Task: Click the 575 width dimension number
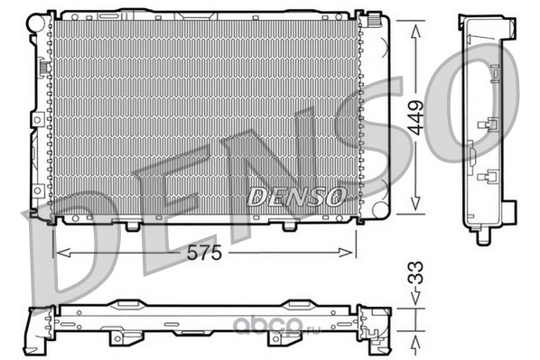click(x=204, y=254)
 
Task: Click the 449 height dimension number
click(x=415, y=117)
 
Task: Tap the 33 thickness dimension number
click(x=415, y=272)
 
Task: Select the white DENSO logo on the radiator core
click(x=296, y=197)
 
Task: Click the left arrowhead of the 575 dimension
click(x=64, y=253)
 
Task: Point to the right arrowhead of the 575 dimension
click(x=346, y=253)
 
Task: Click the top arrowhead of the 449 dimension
click(x=415, y=31)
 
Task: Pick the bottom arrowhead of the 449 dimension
click(x=415, y=203)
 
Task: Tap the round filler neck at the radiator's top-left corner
click(x=36, y=22)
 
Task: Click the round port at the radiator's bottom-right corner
click(x=380, y=209)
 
